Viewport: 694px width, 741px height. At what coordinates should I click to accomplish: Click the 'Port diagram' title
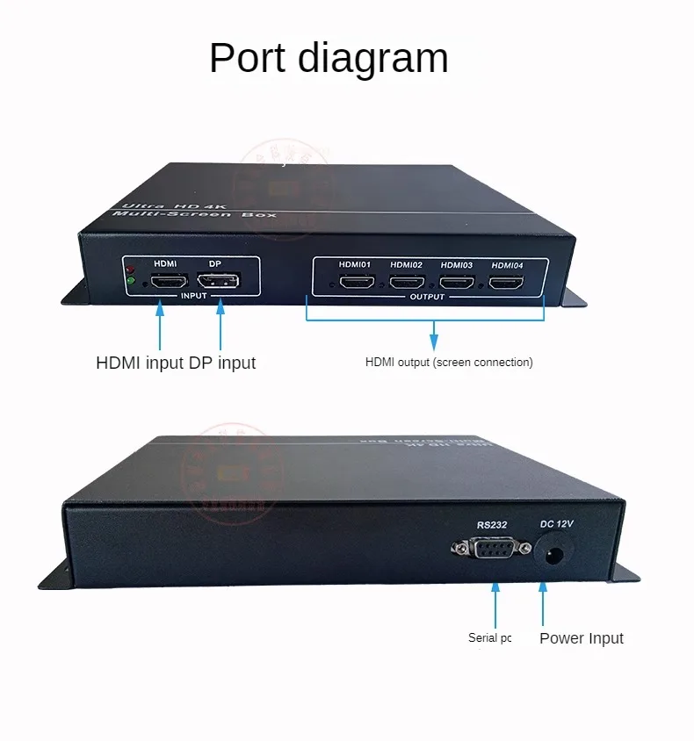329,58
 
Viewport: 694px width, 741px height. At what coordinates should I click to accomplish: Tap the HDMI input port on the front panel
170,282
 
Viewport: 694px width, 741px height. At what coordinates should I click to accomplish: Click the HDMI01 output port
357,283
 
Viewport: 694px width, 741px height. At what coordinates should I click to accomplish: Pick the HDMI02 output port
407,283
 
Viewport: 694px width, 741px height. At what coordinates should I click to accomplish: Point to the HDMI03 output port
457,283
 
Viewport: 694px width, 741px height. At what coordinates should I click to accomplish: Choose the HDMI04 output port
506,283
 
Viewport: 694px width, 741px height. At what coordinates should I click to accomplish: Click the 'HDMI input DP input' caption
176,363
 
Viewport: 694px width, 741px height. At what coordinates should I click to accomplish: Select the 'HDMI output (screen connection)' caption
449,362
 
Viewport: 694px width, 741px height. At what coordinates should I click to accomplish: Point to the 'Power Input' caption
581,638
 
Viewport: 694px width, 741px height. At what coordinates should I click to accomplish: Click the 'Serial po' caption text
489,638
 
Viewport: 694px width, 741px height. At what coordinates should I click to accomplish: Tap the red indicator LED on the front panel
130,269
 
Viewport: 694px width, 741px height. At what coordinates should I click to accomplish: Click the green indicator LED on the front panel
130,281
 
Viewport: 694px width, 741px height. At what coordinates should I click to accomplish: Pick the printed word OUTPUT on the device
427,297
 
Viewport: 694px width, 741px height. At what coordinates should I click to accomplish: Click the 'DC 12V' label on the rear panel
556,524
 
